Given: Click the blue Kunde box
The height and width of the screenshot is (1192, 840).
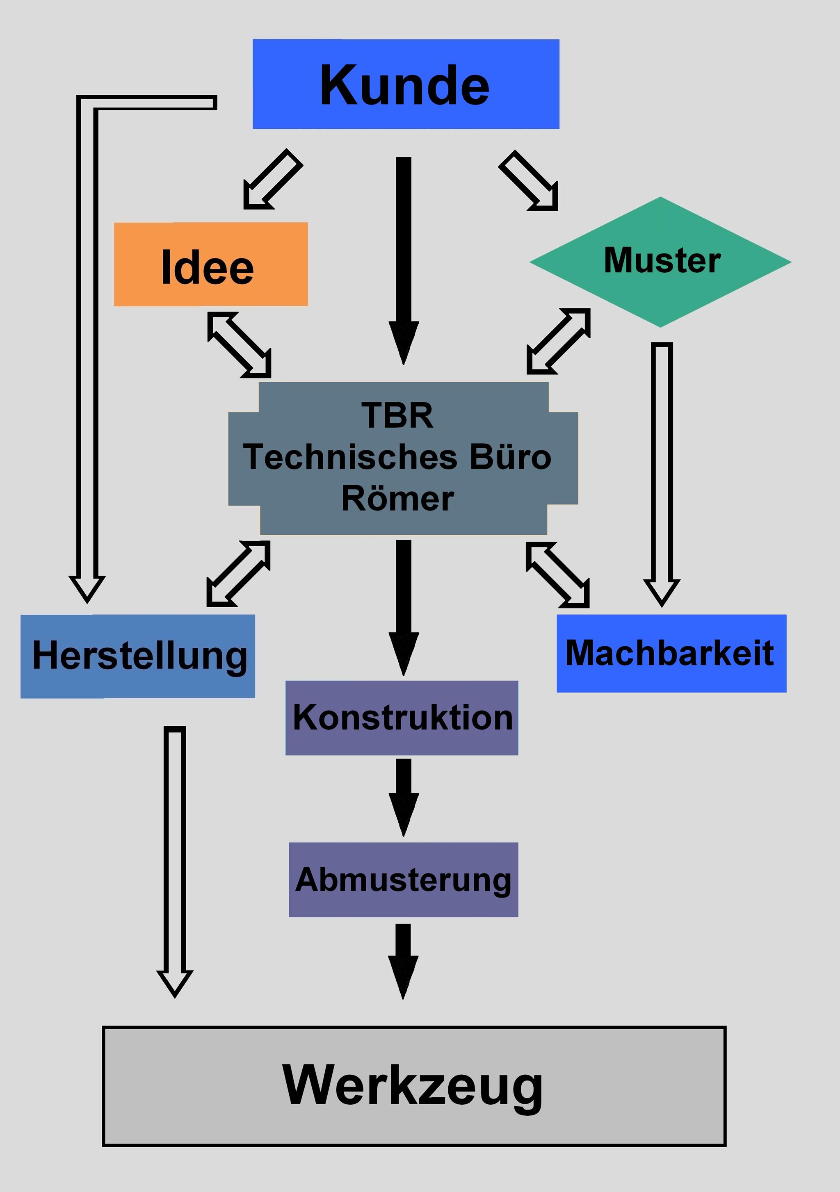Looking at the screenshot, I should click(x=406, y=84).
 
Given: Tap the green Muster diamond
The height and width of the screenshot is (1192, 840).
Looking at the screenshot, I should click(x=660, y=262).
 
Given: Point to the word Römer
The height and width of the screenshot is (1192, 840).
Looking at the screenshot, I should click(x=398, y=499).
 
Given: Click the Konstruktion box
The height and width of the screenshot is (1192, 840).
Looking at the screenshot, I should click(x=402, y=718).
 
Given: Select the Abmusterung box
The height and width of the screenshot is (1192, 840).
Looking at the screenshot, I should click(x=403, y=880).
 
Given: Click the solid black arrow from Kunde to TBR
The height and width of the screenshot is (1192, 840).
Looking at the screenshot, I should click(x=403, y=260).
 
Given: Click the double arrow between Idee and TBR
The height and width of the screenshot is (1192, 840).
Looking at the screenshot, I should click(x=240, y=344).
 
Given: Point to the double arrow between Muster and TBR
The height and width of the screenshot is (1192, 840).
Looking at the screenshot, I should click(x=558, y=341).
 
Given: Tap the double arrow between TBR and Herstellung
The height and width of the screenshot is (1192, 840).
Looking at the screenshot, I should click(x=238, y=574).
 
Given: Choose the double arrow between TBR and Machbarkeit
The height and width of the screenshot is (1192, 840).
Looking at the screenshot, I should click(x=557, y=575).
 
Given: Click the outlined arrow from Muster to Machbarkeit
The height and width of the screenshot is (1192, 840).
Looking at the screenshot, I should click(x=662, y=472).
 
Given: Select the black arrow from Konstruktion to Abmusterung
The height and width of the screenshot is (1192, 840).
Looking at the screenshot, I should click(x=403, y=796).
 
